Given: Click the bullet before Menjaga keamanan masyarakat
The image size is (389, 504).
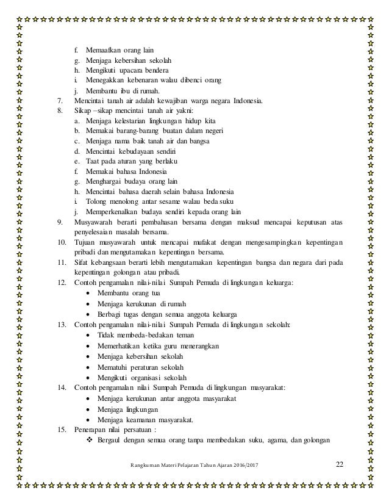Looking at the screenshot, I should click(90, 420).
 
